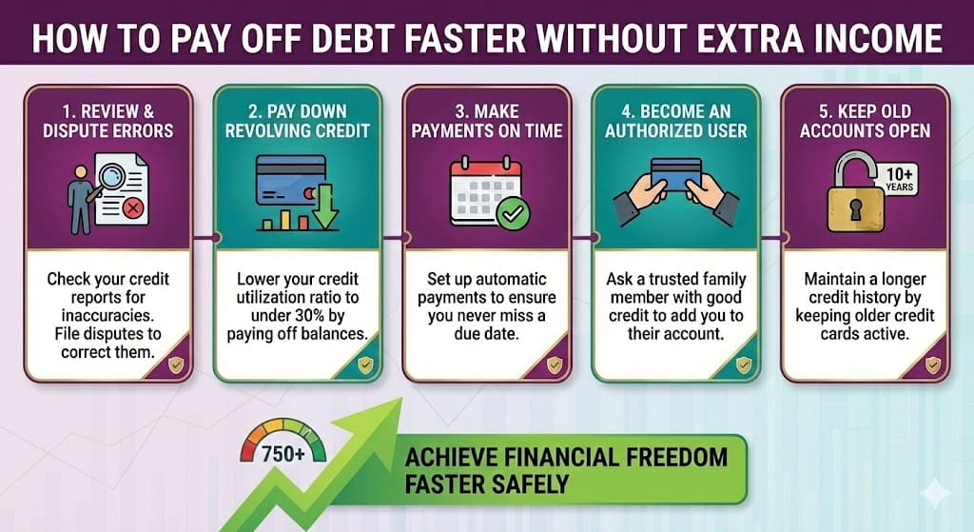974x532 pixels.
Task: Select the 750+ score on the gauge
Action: [x=283, y=454]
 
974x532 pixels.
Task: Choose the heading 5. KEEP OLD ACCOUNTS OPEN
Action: [x=865, y=121]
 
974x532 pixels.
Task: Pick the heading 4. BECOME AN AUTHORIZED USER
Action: [x=676, y=121]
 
